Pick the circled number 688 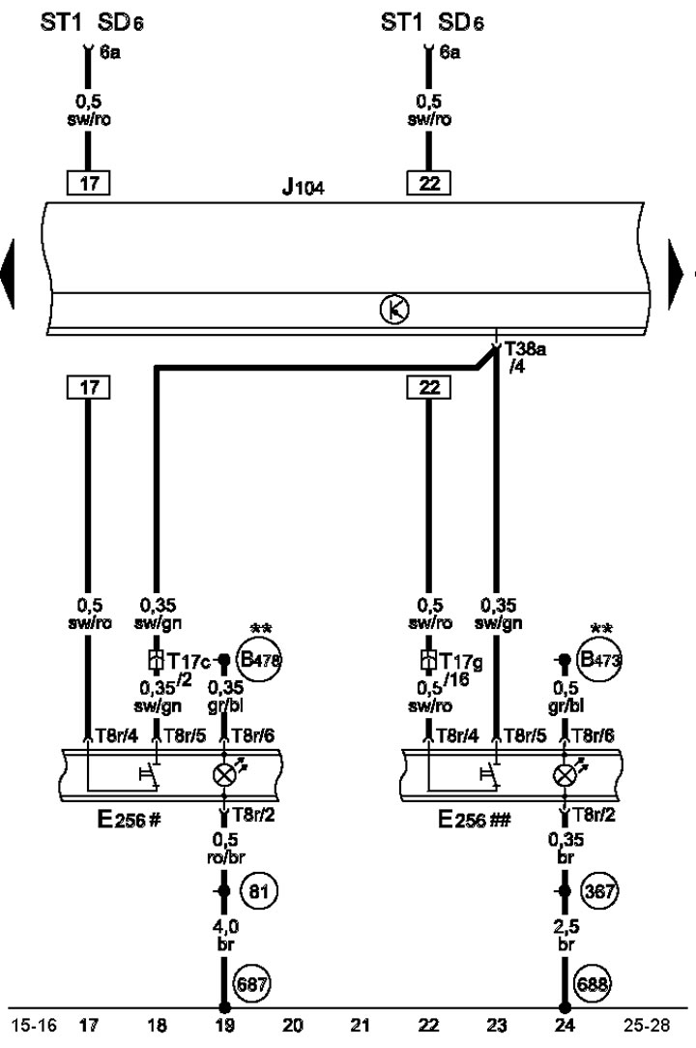pos(592,985)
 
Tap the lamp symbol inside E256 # pos(224,775)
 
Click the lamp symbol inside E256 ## pos(564,775)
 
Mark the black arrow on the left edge pos(9,274)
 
